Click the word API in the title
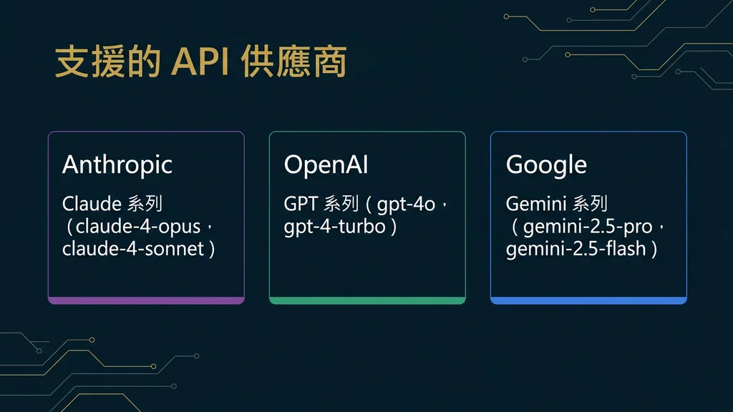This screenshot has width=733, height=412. pyautogui.click(x=200, y=63)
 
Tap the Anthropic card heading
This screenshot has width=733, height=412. pyautogui.click(x=117, y=165)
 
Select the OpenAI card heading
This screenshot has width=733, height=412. pyautogui.click(x=326, y=165)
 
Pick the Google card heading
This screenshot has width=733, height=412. pyautogui.click(x=546, y=165)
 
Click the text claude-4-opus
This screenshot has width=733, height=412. pyautogui.click(x=140, y=227)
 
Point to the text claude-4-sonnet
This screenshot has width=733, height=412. pyautogui.click(x=134, y=249)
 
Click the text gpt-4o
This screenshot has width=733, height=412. pyautogui.click(x=406, y=204)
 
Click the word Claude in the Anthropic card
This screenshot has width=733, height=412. pyautogui.click(x=92, y=204)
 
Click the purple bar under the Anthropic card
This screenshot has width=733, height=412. pyautogui.click(x=146, y=300)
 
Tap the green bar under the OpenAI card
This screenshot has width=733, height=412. pyautogui.click(x=367, y=300)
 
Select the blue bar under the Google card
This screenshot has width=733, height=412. pyautogui.click(x=588, y=300)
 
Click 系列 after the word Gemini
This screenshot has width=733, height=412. pyautogui.click(x=590, y=204)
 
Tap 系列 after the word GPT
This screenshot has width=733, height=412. pyautogui.click(x=341, y=204)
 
